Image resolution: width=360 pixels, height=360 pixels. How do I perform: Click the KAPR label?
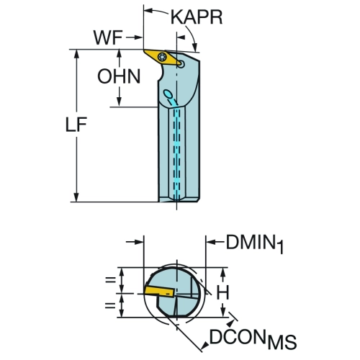pyautogui.click(x=197, y=17)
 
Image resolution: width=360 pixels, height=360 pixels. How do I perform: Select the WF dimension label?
pyautogui.click(x=108, y=37)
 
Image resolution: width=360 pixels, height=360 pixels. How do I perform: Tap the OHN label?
pyautogui.click(x=119, y=76)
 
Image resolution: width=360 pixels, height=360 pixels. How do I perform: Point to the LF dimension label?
pyautogui.click(x=76, y=125)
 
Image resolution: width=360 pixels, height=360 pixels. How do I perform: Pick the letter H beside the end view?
pyautogui.click(x=223, y=292)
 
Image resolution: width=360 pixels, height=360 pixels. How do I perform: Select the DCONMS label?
pyautogui.click(x=253, y=338)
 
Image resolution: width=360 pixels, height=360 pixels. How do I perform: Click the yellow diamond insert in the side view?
pyautogui.click(x=163, y=58)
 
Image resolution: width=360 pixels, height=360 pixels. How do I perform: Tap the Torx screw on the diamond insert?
pyautogui.click(x=162, y=57)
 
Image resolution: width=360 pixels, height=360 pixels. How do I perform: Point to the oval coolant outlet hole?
pyautogui.click(x=168, y=94)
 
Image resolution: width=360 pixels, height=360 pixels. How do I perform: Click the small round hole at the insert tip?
pyautogui.click(x=182, y=64)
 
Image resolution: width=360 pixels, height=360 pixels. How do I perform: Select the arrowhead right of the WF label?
pyautogui.click(x=138, y=37)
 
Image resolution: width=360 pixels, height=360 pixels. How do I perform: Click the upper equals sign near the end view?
pyautogui.click(x=111, y=279)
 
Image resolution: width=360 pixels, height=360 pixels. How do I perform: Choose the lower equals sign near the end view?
pyautogui.click(x=111, y=305)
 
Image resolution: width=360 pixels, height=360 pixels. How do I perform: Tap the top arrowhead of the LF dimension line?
pyautogui.click(x=76, y=54)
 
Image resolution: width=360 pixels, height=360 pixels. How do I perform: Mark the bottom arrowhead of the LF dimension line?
pyautogui.click(x=76, y=197)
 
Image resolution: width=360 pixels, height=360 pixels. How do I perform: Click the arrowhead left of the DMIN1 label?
pyautogui.click(x=210, y=242)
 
